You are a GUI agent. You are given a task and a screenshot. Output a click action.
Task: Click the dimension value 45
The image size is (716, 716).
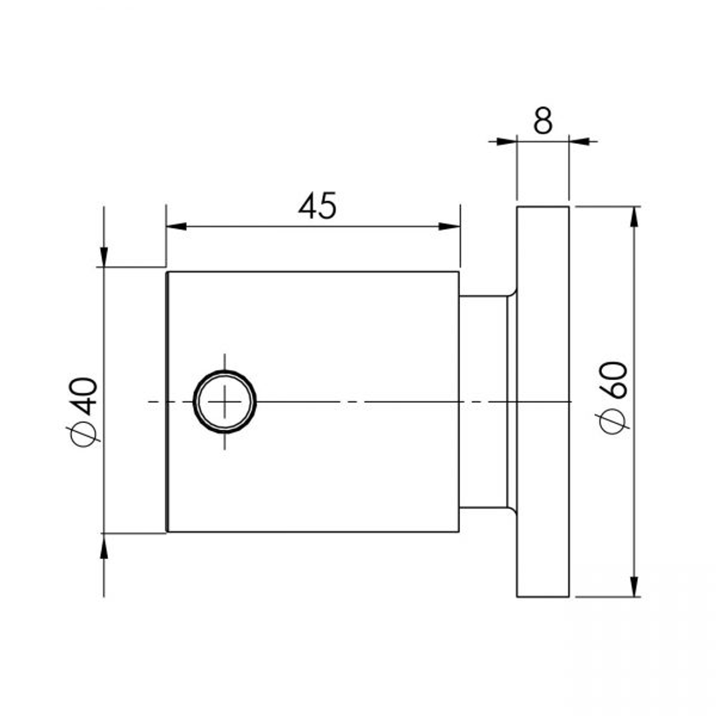click(x=317, y=206)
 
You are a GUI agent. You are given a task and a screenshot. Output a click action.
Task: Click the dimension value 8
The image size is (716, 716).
click(x=542, y=121)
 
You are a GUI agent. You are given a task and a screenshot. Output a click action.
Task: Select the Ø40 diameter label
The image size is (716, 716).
click(x=84, y=409)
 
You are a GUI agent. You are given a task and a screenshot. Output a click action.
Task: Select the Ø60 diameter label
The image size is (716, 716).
click(x=612, y=396)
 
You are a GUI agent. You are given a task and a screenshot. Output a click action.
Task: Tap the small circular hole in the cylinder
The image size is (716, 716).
click(x=225, y=402)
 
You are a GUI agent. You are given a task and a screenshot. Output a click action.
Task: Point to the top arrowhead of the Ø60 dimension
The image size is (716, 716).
click(x=634, y=217)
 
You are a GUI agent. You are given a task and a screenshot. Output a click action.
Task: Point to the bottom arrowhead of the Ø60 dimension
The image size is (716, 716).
click(x=634, y=586)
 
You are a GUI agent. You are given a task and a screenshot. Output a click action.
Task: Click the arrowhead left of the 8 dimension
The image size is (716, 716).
click(x=506, y=141)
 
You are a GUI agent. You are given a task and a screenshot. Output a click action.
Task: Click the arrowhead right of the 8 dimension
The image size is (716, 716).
click(x=579, y=141)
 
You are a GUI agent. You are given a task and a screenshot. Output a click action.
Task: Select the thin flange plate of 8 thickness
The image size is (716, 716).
click(x=543, y=402)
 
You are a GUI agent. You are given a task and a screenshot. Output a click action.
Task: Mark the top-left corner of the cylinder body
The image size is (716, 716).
click(x=167, y=272)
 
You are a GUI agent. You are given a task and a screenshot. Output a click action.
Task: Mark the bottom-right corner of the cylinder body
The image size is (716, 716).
click(x=459, y=531)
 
